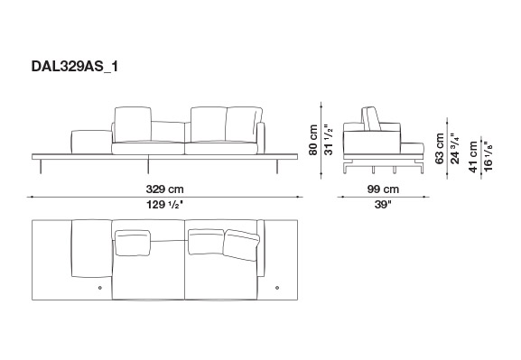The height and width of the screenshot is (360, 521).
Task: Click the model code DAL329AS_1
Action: click(74, 67)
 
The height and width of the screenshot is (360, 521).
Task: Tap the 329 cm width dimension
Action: click(164, 189)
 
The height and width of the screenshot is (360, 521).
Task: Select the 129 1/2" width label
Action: click(165, 205)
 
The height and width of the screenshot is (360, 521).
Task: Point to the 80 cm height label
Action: click(313, 140)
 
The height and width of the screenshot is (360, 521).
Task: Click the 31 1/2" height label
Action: click(329, 140)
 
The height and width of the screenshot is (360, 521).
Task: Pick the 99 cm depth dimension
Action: click(383, 189)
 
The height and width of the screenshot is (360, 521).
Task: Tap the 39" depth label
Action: click(383, 205)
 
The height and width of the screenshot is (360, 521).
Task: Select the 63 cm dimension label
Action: click(439, 149)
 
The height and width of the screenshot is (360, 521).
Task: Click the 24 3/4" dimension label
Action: click(455, 149)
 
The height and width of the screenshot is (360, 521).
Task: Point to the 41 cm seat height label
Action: click(473, 157)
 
